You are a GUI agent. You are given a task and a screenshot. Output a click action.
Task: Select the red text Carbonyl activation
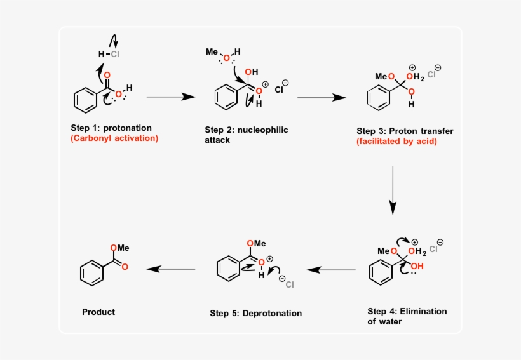click(x=114, y=138)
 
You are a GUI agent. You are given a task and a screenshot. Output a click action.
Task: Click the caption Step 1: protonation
click(x=111, y=128)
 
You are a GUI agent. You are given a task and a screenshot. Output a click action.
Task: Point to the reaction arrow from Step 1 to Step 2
click(x=170, y=97)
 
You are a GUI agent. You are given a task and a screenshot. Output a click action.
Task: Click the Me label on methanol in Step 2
click(x=212, y=51)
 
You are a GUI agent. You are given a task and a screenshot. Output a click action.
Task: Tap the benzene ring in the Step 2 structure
click(x=226, y=99)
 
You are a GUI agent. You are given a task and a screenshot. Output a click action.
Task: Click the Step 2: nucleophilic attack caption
click(x=246, y=135)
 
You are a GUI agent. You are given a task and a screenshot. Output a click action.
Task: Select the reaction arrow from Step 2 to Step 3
click(x=321, y=98)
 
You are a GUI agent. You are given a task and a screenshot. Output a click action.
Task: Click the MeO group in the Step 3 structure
click(x=384, y=77)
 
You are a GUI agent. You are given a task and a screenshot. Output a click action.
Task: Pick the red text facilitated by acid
click(x=396, y=142)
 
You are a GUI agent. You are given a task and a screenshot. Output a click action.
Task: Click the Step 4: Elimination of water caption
click(x=407, y=316)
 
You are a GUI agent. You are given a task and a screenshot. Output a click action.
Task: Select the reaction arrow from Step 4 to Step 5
click(x=331, y=270)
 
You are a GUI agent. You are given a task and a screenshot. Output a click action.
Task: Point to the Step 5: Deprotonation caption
click(x=255, y=313)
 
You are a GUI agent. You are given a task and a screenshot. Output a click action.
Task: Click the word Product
click(x=98, y=312)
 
